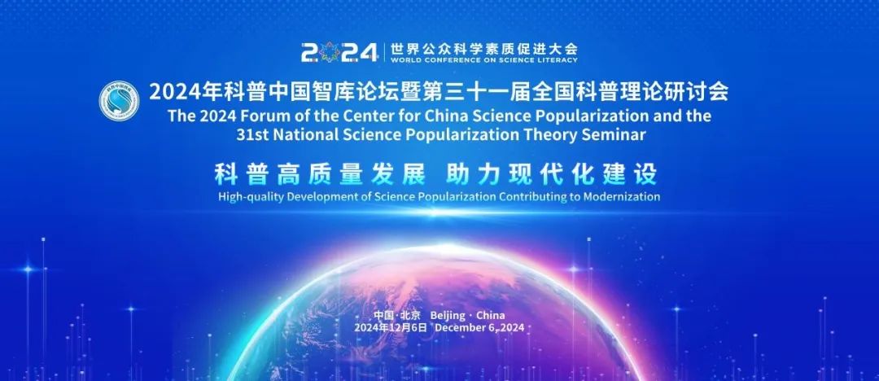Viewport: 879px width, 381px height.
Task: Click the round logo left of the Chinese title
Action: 120,101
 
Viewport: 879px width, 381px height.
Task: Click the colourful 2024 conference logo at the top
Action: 339,52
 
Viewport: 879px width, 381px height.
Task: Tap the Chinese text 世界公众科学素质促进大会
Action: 483,46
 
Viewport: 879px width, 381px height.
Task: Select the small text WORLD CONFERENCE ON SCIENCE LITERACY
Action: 483,59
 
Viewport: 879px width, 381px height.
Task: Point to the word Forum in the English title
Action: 272,116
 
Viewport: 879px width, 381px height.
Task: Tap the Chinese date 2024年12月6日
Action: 390,327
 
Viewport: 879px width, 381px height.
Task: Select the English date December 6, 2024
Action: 480,327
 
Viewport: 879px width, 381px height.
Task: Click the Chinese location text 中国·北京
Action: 397,316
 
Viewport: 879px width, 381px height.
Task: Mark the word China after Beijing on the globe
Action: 491,316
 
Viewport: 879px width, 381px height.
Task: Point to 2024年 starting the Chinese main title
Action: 180,91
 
